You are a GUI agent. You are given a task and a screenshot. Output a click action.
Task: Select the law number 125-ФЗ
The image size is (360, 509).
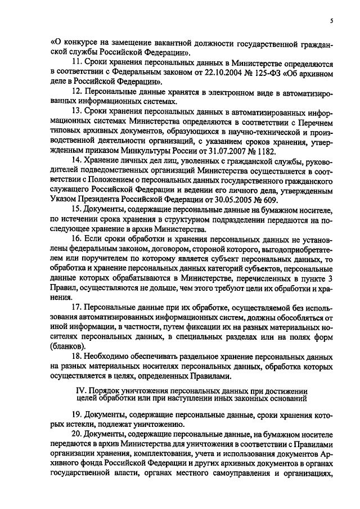point(254,73)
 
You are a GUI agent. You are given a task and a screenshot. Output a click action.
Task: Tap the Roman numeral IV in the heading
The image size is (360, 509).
point(80,389)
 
